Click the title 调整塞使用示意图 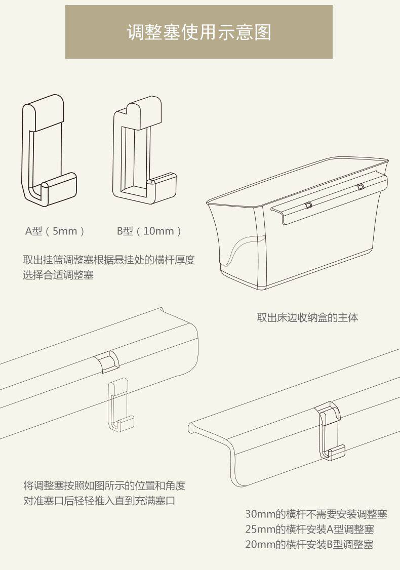pos(198,32)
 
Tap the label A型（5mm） pos(55,231)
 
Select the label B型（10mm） pos(149,231)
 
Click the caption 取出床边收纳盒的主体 pos(307,318)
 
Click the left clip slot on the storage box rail pos(307,205)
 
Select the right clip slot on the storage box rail pos(360,187)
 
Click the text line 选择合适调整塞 pos(58,276)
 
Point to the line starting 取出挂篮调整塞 pos(109,260)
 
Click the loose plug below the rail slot pos(119,405)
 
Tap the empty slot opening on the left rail pos(107,361)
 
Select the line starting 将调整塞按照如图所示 pos(104,486)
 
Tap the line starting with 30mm pos(316,514)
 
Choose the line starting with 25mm pos(309,530)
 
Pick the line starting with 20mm pos(309,545)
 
